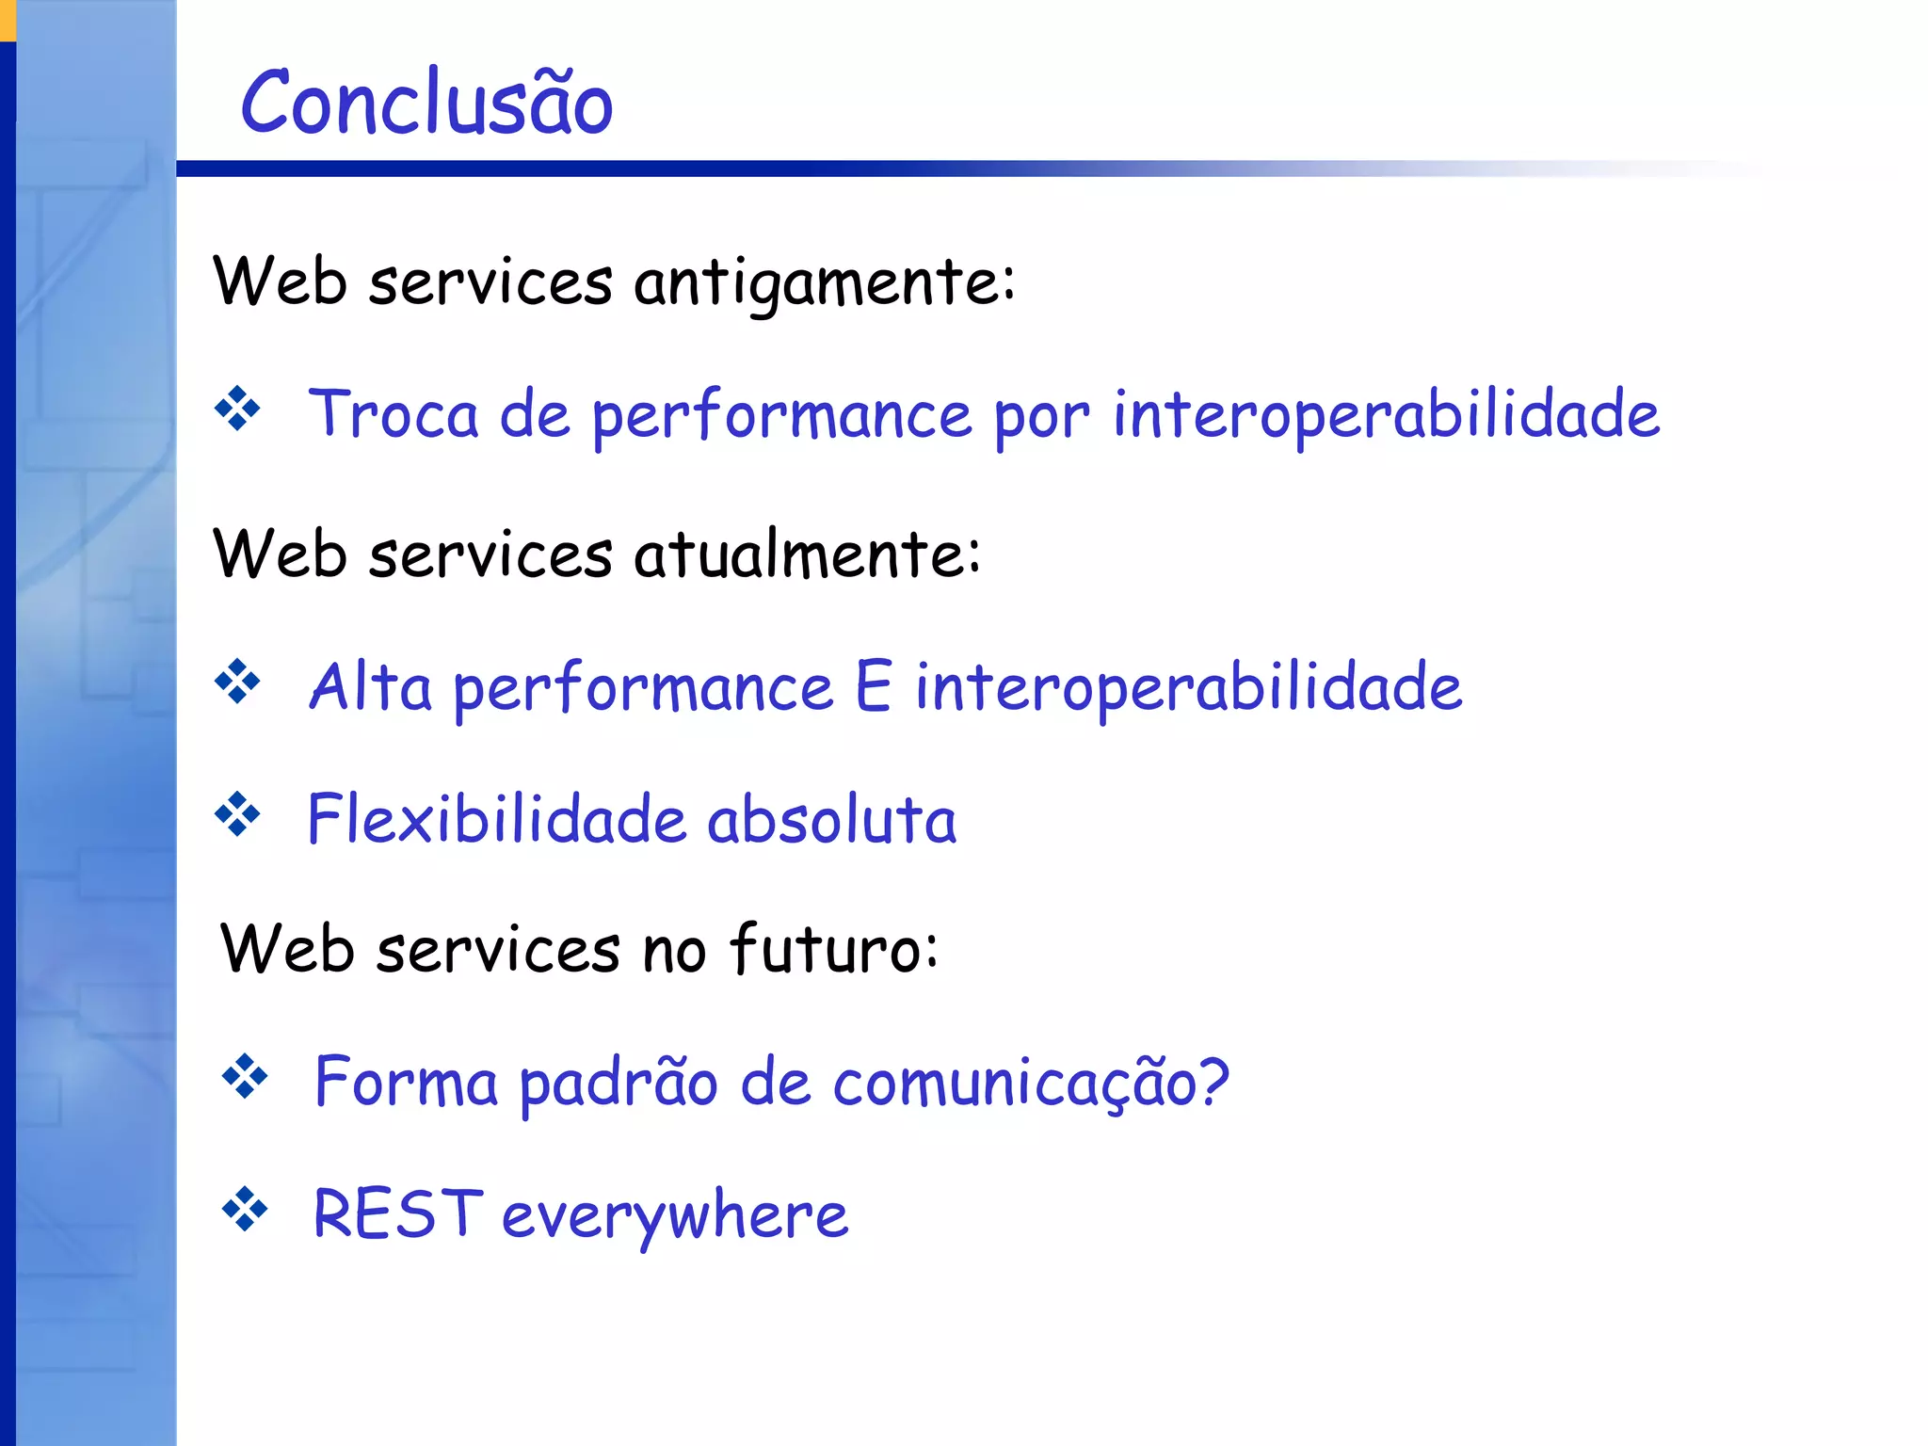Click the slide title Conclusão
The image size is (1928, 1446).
tap(426, 104)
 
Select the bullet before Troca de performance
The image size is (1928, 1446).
tap(237, 410)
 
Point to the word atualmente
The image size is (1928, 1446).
tap(807, 554)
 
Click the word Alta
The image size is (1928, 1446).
tap(370, 686)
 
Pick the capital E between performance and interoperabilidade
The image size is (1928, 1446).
tap(873, 686)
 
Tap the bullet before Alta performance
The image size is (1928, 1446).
tap(237, 682)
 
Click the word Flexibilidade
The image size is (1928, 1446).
tap(496, 818)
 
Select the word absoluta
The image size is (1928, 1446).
tap(831, 818)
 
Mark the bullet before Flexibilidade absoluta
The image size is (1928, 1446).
tap(237, 814)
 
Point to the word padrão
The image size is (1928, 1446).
tap(619, 1083)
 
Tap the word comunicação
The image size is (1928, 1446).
tap(1031, 1083)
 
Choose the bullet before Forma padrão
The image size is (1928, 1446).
tap(245, 1076)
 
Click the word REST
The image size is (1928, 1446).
tap(397, 1213)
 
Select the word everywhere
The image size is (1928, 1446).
tap(675, 1216)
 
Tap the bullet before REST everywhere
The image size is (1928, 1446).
tap(245, 1209)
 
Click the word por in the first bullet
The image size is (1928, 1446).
tap(1042, 416)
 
